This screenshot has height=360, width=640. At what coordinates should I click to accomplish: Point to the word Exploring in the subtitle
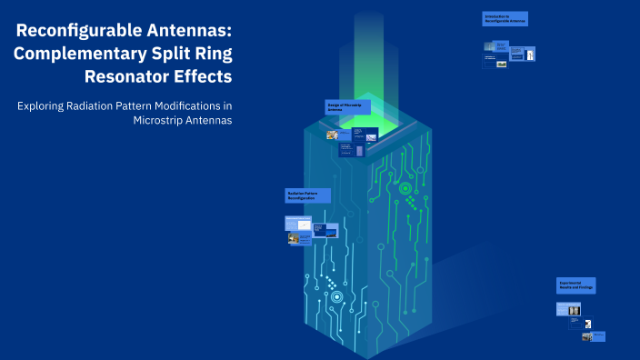click(x=41, y=105)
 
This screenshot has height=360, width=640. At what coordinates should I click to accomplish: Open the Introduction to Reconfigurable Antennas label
click(x=505, y=18)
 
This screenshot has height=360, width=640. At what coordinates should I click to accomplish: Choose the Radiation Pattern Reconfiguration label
click(x=307, y=195)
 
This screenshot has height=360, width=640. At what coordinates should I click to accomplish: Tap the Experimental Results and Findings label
click(x=575, y=285)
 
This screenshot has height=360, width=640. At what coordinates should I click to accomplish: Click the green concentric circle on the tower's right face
click(x=405, y=189)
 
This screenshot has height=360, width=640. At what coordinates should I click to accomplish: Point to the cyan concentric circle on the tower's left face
click(x=337, y=296)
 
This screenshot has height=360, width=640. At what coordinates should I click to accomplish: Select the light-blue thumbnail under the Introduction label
click(x=495, y=45)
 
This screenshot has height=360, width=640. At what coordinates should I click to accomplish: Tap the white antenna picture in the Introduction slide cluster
click(x=531, y=55)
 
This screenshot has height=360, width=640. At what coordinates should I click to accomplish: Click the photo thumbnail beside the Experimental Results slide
click(x=574, y=310)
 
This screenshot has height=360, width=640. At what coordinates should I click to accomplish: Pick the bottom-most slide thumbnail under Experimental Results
click(x=599, y=336)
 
